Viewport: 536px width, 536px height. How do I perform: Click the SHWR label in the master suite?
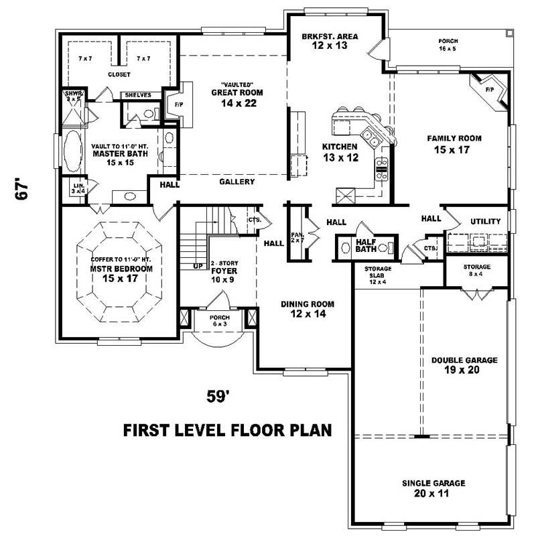click(72, 94)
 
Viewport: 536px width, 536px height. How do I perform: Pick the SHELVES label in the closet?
click(137, 95)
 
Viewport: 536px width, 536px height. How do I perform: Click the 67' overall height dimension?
click(23, 188)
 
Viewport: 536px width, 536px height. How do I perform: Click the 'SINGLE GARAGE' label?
click(433, 482)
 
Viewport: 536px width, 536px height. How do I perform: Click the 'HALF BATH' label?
click(365, 246)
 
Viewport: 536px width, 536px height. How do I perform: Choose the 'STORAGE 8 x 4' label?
click(476, 269)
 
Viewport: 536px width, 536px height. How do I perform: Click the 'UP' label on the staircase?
click(198, 266)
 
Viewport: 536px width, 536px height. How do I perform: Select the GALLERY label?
click(237, 182)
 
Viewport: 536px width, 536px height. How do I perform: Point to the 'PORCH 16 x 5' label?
click(448, 45)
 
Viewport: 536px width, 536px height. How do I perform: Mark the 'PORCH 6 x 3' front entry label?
click(220, 320)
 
